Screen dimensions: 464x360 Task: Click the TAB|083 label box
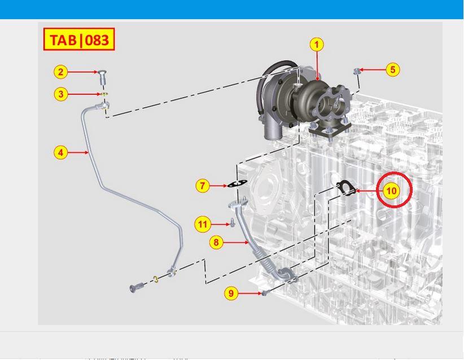coord(79,39)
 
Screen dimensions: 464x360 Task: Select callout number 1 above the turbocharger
coord(317,45)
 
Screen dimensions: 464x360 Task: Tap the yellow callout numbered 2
coord(60,72)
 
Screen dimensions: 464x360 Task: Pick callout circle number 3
coord(60,94)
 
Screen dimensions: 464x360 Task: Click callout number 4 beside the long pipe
coord(60,153)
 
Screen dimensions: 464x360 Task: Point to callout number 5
coord(393,70)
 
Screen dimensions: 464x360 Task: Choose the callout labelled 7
coord(203,186)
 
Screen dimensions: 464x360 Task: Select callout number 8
coord(216,243)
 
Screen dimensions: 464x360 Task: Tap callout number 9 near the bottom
coord(231,293)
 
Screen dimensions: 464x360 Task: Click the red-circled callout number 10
coord(391,191)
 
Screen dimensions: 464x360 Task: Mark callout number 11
coord(203,224)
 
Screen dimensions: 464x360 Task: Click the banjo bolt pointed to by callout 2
coord(102,76)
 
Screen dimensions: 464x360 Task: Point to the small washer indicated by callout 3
coord(104,94)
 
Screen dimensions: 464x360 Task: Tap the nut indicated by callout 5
coord(357,71)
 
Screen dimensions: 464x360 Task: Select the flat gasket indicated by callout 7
coord(236,185)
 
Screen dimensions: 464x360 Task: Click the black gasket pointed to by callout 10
coord(345,188)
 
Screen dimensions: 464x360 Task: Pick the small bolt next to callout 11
coord(233,223)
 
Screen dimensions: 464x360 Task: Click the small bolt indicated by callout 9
coord(266,293)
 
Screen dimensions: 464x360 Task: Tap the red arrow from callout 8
coord(236,243)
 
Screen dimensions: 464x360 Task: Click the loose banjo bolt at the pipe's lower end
coord(136,287)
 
